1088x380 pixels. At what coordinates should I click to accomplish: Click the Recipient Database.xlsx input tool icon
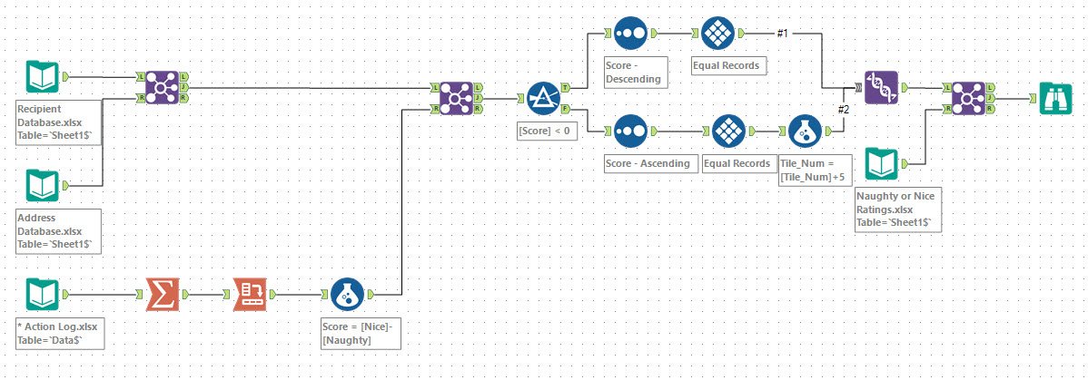click(x=43, y=77)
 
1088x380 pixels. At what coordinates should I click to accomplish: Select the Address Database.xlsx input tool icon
click(x=43, y=186)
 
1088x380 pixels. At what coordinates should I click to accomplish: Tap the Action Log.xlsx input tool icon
click(x=43, y=295)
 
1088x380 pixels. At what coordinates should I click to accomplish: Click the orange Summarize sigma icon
click(x=163, y=295)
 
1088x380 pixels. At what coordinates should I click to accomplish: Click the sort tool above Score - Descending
click(x=629, y=34)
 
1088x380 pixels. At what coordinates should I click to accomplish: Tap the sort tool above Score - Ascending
click(x=629, y=132)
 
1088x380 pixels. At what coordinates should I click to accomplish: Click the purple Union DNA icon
click(x=880, y=88)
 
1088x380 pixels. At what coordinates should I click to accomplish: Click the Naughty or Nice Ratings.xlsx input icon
click(x=882, y=164)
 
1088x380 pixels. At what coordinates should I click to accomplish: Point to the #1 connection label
click(x=783, y=34)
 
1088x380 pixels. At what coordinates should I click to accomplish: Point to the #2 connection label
click(x=843, y=110)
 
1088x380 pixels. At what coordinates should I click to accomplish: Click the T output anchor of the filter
click(x=566, y=88)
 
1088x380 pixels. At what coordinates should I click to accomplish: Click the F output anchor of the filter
click(x=566, y=110)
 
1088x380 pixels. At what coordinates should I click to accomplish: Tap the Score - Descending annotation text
click(x=634, y=73)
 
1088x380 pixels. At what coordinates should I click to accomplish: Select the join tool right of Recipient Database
click(x=163, y=87)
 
